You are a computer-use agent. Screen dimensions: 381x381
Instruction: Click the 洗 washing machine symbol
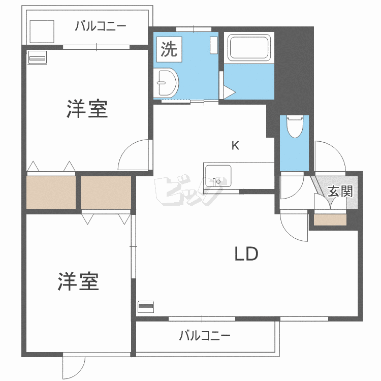coord(169,49)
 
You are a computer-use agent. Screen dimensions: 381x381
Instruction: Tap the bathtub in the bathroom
coord(249,48)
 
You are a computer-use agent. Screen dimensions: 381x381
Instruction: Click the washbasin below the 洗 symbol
coord(166,81)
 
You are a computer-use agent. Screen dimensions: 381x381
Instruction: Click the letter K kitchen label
coord(235,146)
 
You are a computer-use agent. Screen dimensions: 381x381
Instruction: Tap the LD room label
coord(246,254)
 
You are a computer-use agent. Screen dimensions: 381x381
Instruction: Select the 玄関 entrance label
coord(340,192)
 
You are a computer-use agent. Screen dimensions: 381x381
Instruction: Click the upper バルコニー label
coord(100,26)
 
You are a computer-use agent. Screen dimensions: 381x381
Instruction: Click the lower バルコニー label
coord(205,336)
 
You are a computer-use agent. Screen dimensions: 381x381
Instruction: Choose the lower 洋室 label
coord(78,281)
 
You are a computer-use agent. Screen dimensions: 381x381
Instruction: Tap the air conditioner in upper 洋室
coord(38,58)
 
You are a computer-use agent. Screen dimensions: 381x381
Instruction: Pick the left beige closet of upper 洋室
coord(50,192)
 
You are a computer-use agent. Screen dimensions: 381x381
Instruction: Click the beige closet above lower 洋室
coord(106,192)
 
